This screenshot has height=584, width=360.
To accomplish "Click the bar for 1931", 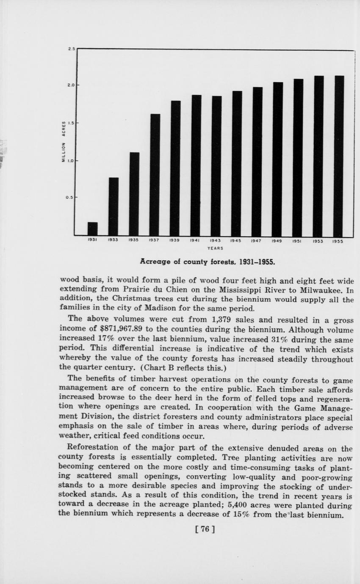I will (x=92, y=229).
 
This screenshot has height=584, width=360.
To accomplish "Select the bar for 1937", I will (x=155, y=174).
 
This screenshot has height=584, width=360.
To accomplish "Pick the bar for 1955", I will (x=338, y=156).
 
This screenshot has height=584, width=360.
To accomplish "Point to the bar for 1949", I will (x=278, y=159).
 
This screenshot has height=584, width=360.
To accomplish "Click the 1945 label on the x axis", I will (x=236, y=241).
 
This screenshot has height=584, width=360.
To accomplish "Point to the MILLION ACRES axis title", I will (x=64, y=142).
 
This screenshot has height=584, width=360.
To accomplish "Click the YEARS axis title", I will (x=215, y=248).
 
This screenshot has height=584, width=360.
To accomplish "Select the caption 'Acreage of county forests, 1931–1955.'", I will (x=208, y=262).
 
